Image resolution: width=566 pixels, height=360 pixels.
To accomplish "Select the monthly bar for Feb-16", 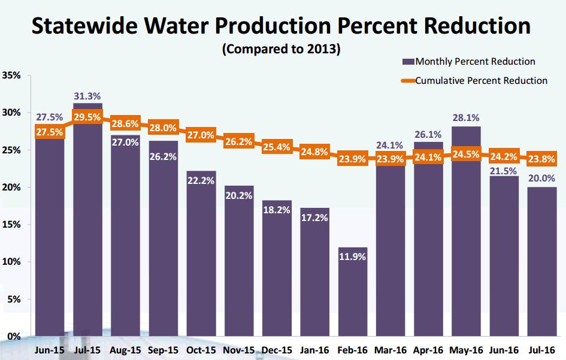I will click(x=352, y=294).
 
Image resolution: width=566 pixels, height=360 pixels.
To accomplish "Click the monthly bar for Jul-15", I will click(x=87, y=240).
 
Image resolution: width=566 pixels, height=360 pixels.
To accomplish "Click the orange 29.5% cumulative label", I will click(x=87, y=117).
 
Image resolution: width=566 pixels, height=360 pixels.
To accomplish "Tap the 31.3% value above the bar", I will click(x=87, y=96).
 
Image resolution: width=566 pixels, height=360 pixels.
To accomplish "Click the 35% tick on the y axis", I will click(x=11, y=75).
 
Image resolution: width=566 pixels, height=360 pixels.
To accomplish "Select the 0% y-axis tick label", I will click(x=14, y=336).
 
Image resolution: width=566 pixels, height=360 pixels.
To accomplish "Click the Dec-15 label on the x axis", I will click(x=276, y=350).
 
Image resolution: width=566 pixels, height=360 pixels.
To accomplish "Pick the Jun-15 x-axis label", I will click(x=50, y=350).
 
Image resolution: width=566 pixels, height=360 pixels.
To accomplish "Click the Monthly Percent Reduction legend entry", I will click(x=469, y=62).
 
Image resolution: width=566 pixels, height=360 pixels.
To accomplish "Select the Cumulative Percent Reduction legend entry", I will click(x=475, y=80).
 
